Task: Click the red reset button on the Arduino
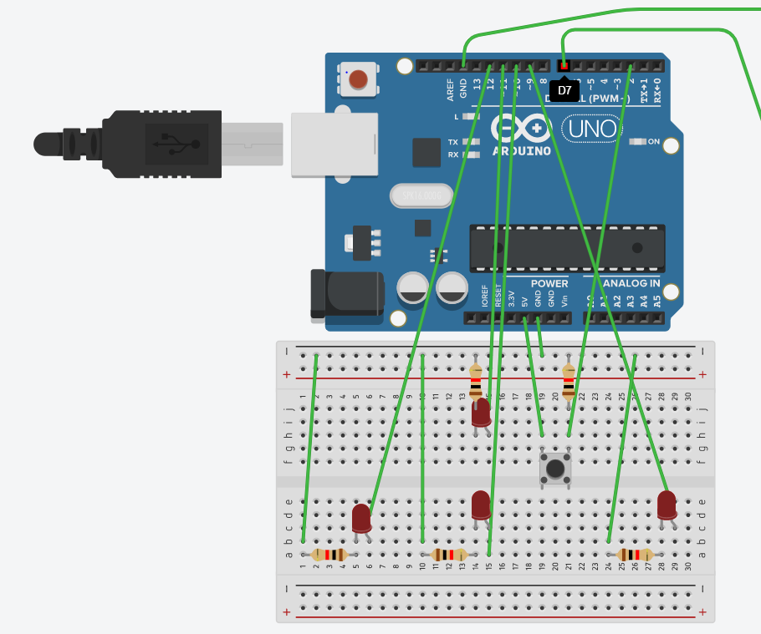tap(358, 79)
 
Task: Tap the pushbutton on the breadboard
tap(555, 468)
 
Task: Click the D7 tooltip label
tap(564, 90)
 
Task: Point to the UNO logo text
tap(593, 129)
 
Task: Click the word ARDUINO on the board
tap(521, 151)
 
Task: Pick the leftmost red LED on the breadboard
tap(361, 518)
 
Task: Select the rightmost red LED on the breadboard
tap(667, 505)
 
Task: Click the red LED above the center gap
tap(481, 413)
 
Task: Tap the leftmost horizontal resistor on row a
tap(329, 555)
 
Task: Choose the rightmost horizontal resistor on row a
tap(635, 555)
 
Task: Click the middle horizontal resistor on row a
tap(449, 555)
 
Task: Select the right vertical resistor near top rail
tap(569, 382)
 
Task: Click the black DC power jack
tap(346, 293)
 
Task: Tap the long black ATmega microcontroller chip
tap(567, 248)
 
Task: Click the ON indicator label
tap(654, 141)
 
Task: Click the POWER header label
tap(549, 283)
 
